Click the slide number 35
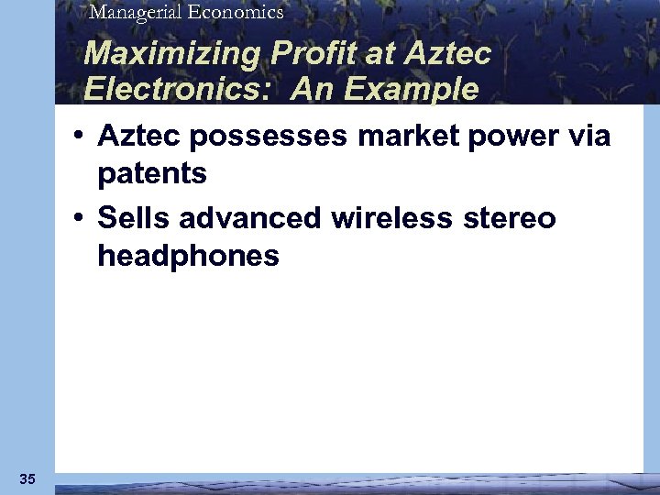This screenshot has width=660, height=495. tap(27, 478)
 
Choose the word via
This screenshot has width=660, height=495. tap(589, 136)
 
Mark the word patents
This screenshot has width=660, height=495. tap(151, 173)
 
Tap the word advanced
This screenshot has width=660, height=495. tap(250, 218)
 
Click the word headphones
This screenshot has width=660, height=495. tap(188, 256)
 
